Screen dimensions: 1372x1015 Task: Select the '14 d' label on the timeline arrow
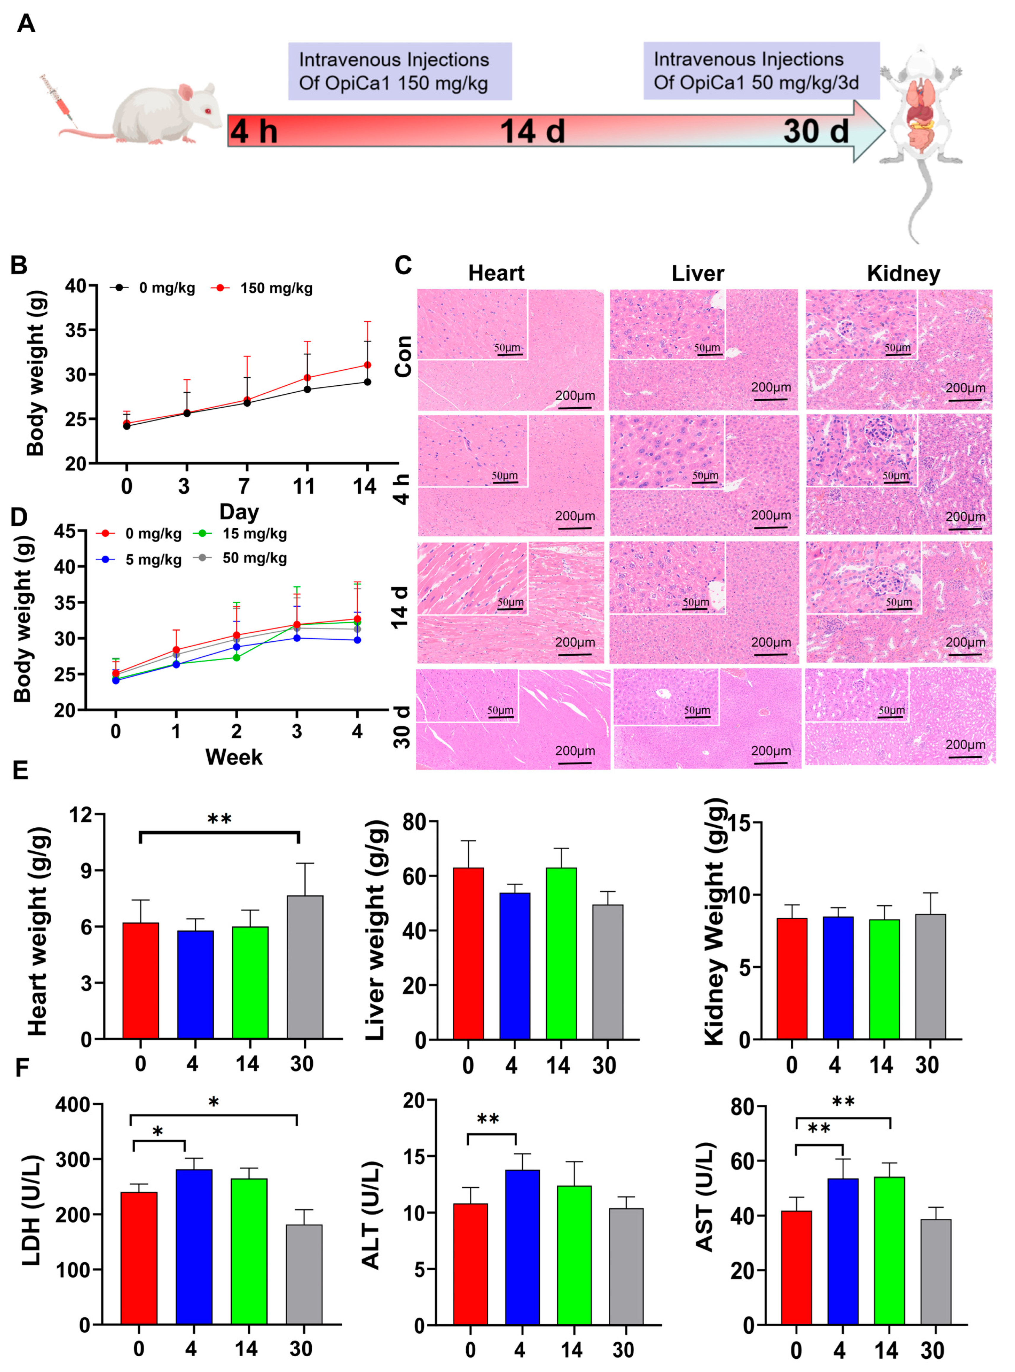pos(532,131)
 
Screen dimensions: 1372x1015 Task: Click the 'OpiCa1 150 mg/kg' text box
pos(400,71)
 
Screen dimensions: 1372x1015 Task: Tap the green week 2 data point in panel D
pos(237,657)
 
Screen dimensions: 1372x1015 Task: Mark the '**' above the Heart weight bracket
pos(219,819)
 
